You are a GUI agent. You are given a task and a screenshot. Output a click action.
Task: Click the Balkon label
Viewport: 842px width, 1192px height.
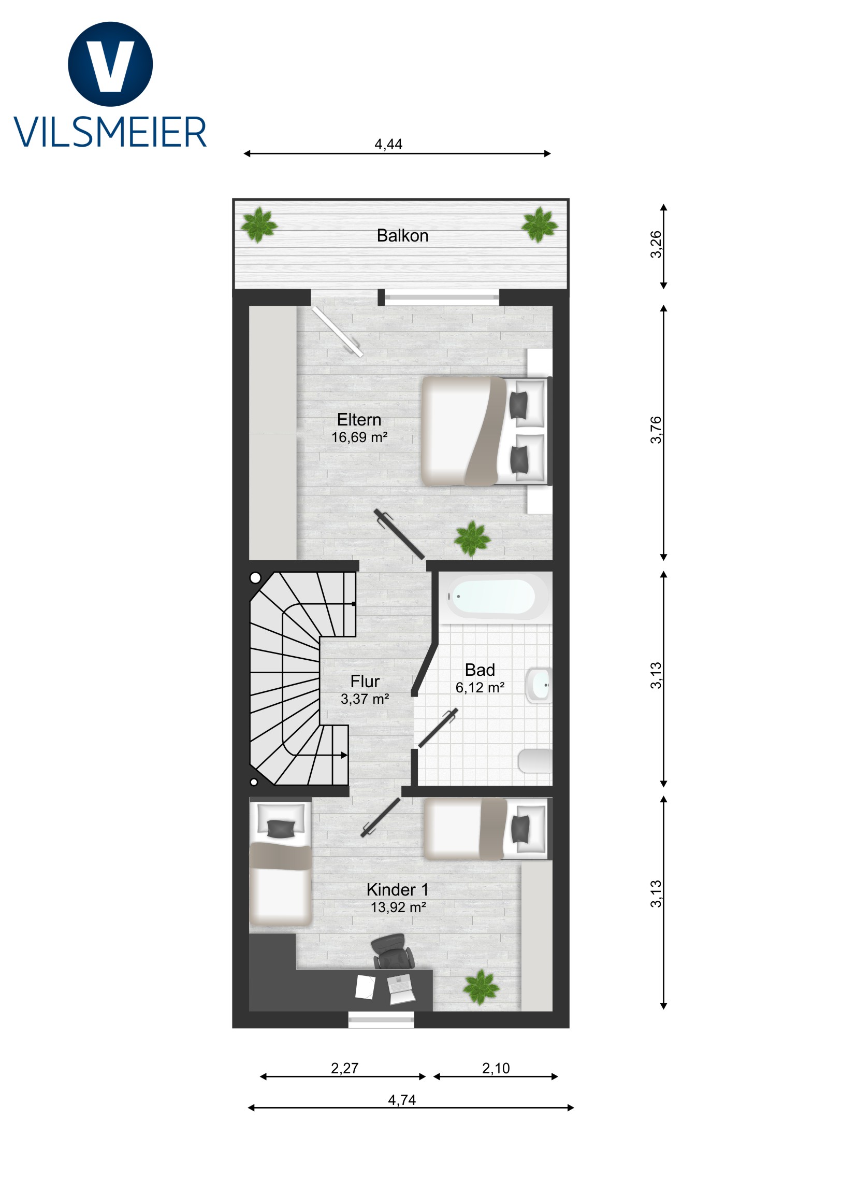(402, 236)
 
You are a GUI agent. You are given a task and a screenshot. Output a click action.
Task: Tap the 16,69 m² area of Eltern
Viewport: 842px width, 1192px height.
(359, 437)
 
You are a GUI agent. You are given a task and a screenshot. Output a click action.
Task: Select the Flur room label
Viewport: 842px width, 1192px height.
(365, 681)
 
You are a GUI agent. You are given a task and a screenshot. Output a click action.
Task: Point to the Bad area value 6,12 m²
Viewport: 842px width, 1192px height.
(480, 687)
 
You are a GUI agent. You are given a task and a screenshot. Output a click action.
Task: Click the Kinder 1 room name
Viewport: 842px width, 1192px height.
(397, 890)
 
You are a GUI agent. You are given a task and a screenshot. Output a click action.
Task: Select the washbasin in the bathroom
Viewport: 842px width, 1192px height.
(539, 685)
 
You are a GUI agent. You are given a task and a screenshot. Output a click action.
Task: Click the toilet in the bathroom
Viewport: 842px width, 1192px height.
(535, 761)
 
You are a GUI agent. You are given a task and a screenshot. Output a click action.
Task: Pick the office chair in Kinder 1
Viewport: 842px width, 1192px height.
(393, 951)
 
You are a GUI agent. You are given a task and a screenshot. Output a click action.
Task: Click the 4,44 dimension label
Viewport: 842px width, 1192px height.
(388, 144)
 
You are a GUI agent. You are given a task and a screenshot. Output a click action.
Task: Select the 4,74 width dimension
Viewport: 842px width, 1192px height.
(401, 1100)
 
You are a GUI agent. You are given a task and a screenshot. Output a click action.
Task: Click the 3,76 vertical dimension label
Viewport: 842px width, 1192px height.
(656, 430)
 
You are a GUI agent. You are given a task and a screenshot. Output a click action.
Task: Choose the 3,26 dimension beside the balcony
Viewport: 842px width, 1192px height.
(656, 244)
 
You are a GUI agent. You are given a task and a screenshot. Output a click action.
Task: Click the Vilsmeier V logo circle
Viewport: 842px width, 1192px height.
(110, 64)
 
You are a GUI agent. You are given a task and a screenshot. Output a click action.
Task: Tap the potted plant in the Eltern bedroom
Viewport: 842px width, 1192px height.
(472, 539)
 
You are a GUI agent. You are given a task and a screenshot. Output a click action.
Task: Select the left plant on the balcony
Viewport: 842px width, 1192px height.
(259, 225)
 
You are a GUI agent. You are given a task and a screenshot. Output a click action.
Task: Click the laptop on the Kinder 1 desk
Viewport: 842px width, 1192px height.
(401, 989)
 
